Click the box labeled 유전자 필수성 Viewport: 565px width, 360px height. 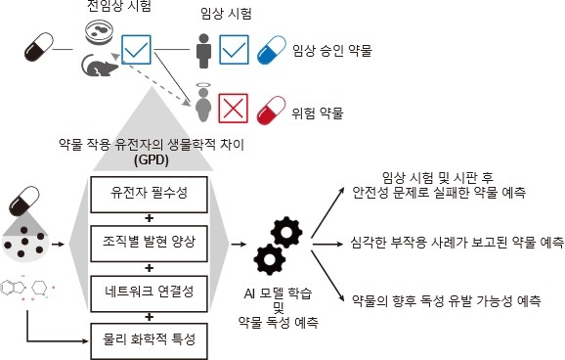pos(149,191)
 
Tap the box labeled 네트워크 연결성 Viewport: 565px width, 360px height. pos(149,292)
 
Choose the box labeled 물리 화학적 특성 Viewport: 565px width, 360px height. pos(149,340)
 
